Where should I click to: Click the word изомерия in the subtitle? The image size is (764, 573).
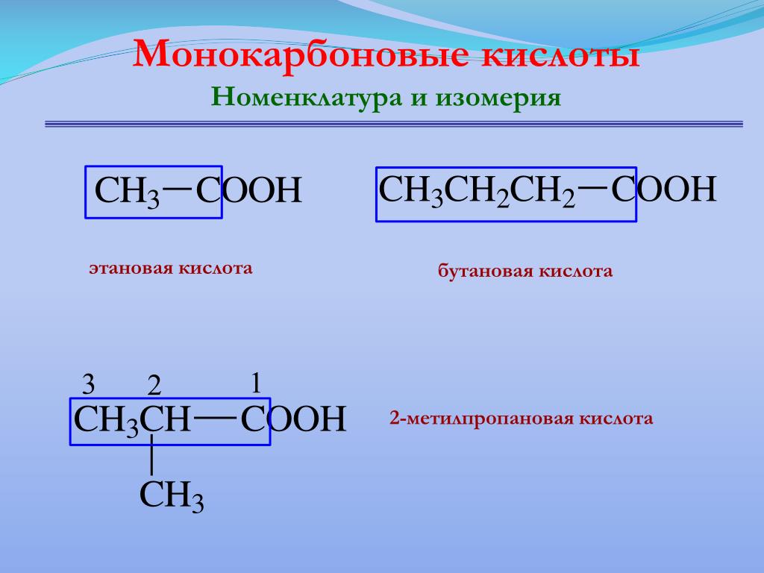pos(498,98)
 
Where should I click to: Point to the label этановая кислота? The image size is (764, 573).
pos(171,268)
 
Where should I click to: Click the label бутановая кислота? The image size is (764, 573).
pos(525,271)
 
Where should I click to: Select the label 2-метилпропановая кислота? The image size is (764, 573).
pos(521,419)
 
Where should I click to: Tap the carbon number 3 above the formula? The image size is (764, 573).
pos(88,384)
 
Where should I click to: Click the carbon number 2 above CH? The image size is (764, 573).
pos(154,386)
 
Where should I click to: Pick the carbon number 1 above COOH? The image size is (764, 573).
pos(257,383)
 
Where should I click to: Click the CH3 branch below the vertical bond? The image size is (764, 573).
pos(172,496)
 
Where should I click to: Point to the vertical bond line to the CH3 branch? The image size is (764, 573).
pos(151,454)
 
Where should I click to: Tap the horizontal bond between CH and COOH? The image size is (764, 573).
pos(216,417)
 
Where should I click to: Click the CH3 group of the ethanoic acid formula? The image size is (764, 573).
pos(127,192)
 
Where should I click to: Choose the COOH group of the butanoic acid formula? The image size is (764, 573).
pos(663,189)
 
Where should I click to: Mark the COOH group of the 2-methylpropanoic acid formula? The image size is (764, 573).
pos(293,419)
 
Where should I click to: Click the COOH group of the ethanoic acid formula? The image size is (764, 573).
pos(248,190)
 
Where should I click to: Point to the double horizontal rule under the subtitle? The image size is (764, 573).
pos(394,125)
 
